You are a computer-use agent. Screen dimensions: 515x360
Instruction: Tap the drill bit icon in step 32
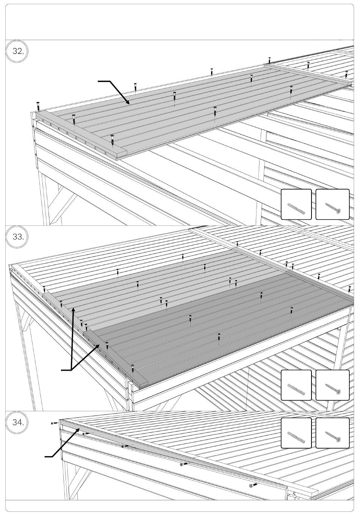(296, 205)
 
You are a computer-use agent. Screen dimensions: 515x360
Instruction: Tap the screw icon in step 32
(332, 205)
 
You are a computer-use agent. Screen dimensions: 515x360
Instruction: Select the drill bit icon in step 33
(296, 385)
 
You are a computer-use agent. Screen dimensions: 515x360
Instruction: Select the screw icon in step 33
(332, 385)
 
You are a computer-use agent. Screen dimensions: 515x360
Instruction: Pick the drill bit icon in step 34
(296, 433)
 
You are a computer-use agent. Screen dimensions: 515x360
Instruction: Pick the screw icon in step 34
(332, 433)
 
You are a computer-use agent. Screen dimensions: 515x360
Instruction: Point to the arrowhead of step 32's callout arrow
(129, 103)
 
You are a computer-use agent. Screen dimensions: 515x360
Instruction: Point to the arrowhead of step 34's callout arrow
(79, 429)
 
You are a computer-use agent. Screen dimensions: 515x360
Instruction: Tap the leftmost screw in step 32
(38, 105)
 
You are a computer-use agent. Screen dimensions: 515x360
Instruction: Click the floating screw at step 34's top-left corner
(53, 423)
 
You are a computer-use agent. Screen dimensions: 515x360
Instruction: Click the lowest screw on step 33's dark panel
(133, 368)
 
